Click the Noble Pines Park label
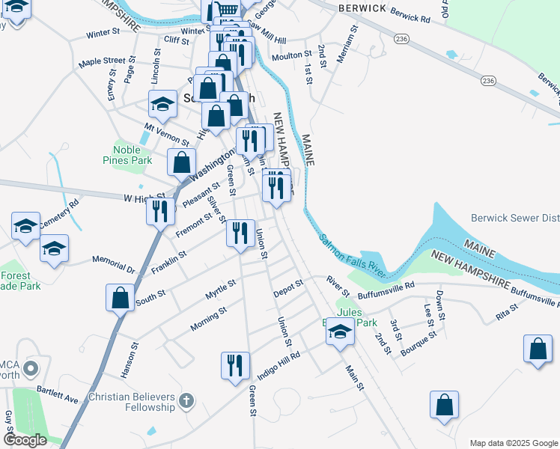[x=127, y=155]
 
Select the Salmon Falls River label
[x=352, y=257]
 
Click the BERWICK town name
[x=362, y=7]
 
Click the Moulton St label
[x=292, y=55]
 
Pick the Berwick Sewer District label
[x=515, y=219]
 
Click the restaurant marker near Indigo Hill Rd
[x=235, y=366]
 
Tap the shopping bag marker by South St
[x=121, y=298]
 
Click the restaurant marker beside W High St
[x=161, y=212]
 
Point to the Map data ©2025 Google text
[x=513, y=443]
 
